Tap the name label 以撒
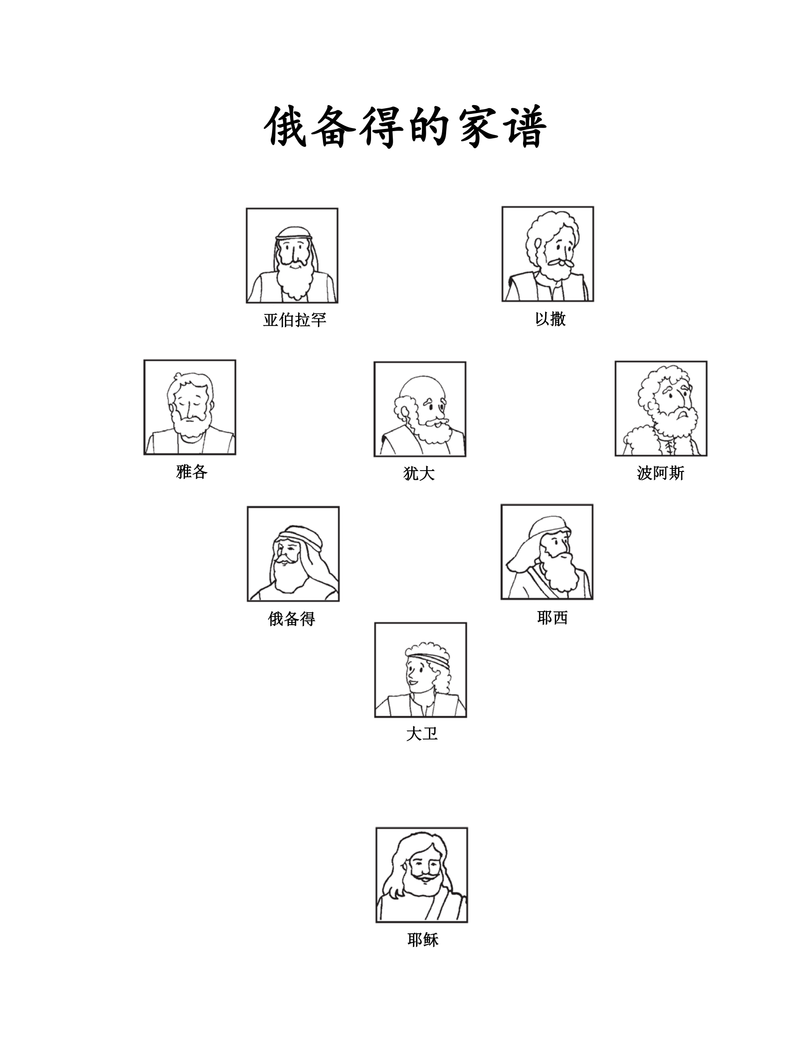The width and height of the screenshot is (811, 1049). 550,318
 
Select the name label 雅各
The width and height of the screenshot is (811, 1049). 192,472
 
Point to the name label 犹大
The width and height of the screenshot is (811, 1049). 419,474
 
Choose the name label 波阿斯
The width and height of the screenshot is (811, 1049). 661,473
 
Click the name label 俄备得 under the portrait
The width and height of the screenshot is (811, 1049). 292,619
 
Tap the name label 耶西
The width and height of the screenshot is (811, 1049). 553,617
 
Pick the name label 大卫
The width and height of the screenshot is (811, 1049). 421,734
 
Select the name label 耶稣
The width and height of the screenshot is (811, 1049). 423,940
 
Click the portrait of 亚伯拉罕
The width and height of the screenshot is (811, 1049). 292,256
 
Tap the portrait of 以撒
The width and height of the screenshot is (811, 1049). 548,254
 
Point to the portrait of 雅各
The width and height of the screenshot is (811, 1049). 190,408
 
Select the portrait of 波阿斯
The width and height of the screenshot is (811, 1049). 661,408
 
